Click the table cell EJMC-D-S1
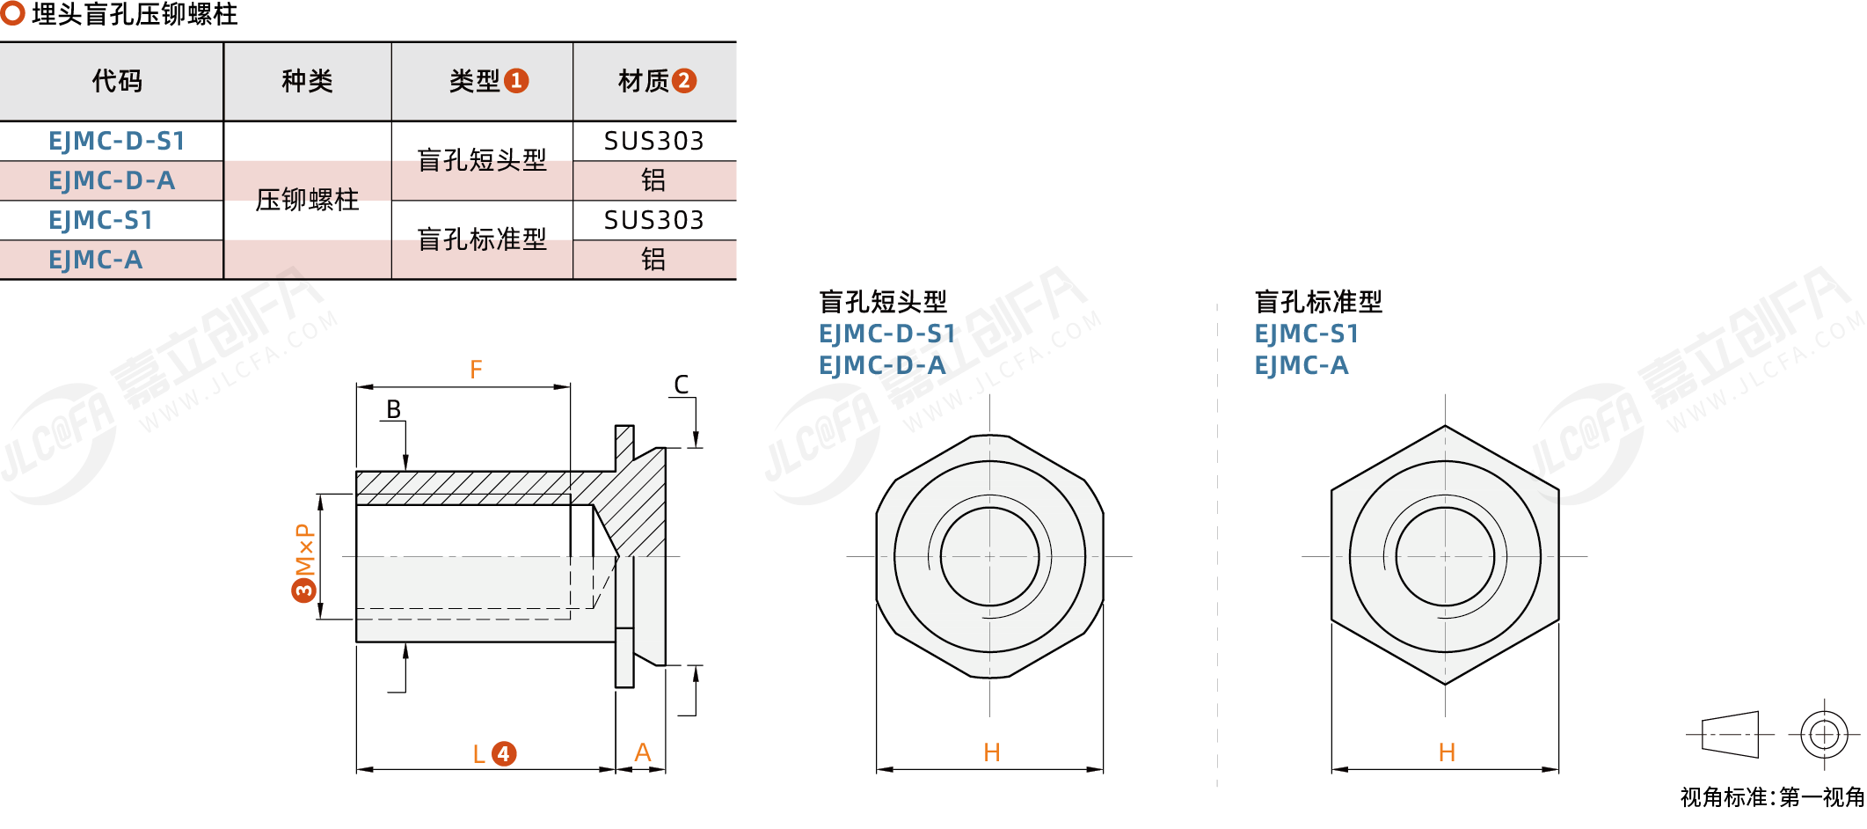coord(116,141)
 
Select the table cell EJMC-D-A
coord(112,180)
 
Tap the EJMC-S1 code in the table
coord(100,220)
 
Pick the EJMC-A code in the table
coord(95,260)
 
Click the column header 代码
coord(117,81)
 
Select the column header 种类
coord(307,81)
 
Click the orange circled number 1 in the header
coord(516,81)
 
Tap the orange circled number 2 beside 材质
coord(684,81)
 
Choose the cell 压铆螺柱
coord(307,200)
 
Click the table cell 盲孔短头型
coord(482,160)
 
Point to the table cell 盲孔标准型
coord(482,239)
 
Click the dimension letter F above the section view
coord(476,370)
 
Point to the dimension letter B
coord(393,409)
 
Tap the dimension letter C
coord(682,385)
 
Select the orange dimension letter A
coord(643,752)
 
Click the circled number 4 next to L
coord(503,753)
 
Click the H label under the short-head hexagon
coord(992,752)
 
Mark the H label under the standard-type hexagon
coord(1447,752)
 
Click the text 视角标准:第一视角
coord(1772,797)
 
